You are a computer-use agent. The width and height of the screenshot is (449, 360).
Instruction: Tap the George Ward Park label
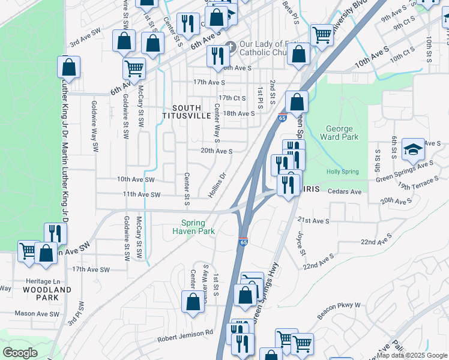tap(342, 133)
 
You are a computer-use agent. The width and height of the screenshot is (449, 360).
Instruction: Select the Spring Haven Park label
tap(193, 226)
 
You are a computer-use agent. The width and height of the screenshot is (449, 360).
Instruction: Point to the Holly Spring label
tap(342, 172)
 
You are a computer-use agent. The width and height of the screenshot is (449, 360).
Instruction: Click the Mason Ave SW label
tap(37, 313)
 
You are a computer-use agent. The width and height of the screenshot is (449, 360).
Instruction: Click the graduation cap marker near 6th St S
tap(413, 149)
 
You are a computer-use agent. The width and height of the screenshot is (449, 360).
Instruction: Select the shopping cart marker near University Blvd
tap(322, 34)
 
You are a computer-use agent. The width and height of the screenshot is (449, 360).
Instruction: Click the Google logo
tap(20, 353)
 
